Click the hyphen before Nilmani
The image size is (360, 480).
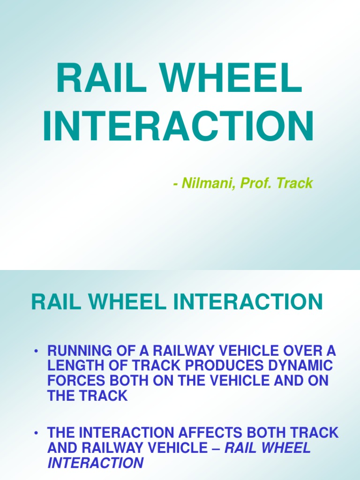pos(175,184)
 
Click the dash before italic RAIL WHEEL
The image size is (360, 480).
pos(216,448)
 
